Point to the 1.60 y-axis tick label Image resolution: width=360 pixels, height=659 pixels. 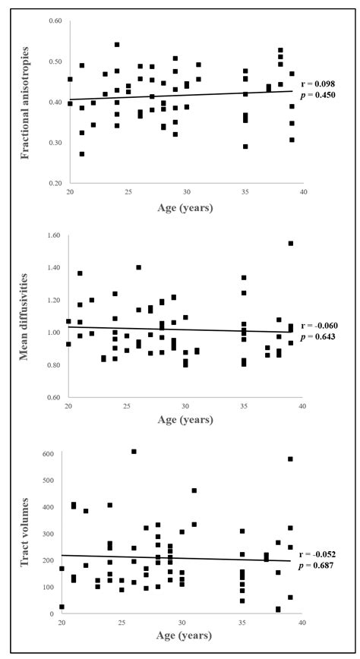tap(52, 235)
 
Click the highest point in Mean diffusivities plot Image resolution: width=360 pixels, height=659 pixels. tap(291, 244)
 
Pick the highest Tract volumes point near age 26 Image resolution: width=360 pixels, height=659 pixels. tap(134, 452)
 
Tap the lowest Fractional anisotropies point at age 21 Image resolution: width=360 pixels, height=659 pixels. tap(82, 154)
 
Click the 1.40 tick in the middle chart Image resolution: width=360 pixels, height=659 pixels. tap(52, 268)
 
